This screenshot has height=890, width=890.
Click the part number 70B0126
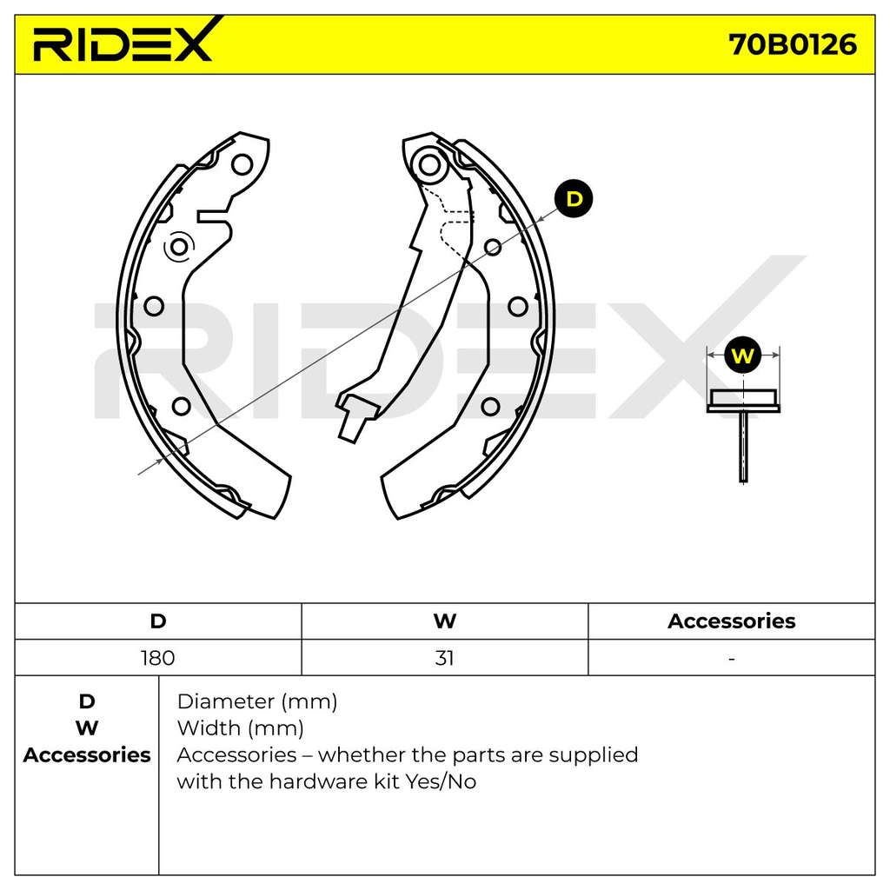(x=793, y=44)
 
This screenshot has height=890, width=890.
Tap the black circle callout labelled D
(x=574, y=199)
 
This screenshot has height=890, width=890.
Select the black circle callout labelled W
(x=743, y=355)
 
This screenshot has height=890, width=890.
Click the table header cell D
(x=158, y=621)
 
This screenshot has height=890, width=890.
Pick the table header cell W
(x=444, y=621)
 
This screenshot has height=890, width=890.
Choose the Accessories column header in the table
(x=731, y=621)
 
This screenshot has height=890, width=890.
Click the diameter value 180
(x=158, y=658)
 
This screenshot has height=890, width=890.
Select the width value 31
(x=444, y=658)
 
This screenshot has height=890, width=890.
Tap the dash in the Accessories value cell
(x=732, y=659)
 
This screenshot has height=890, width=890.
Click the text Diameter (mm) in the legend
(x=257, y=702)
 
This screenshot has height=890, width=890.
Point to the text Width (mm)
(x=240, y=728)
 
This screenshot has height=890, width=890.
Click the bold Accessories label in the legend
(x=87, y=755)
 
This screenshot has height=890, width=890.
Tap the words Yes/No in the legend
(x=441, y=781)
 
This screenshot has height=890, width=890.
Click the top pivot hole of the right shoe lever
(x=429, y=165)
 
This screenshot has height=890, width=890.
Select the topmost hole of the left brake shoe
(x=242, y=164)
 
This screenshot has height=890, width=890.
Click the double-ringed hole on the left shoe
(x=179, y=247)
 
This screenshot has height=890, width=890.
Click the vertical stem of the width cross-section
(x=743, y=448)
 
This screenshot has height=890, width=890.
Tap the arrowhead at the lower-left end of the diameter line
(x=159, y=461)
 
